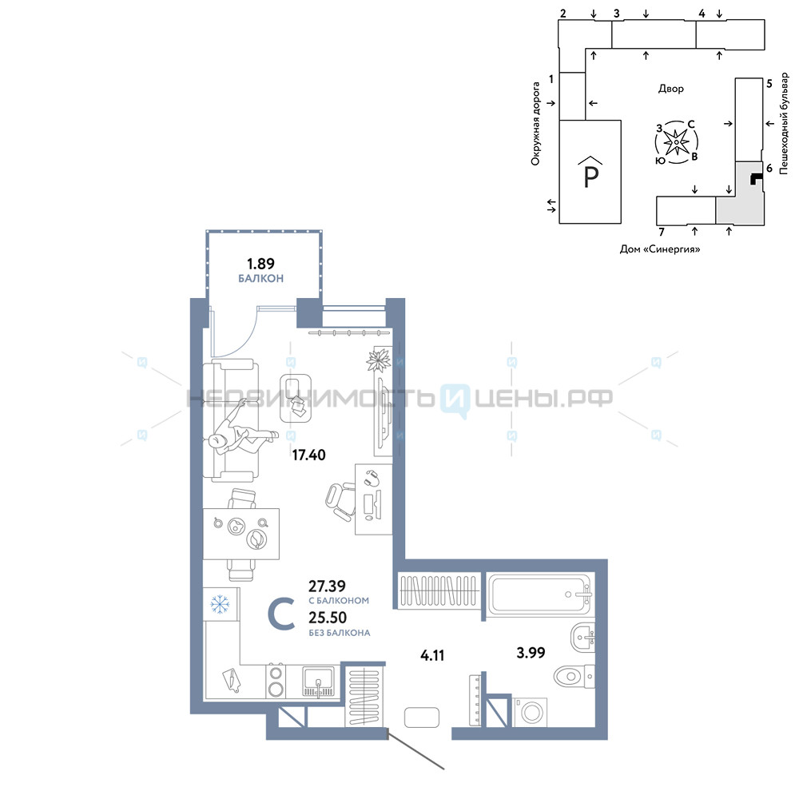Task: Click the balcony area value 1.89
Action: click(x=260, y=264)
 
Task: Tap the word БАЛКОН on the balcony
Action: click(x=261, y=278)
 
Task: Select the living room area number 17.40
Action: click(x=308, y=455)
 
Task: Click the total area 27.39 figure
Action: click(x=327, y=586)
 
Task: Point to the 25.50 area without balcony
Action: click(x=328, y=618)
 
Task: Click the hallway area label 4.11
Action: click(x=432, y=655)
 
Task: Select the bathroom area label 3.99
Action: click(x=531, y=652)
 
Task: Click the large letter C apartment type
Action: click(x=281, y=615)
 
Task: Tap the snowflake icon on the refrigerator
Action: click(x=221, y=604)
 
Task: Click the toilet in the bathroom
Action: click(x=574, y=677)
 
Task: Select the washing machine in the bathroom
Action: click(x=530, y=712)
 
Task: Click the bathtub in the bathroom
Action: click(x=539, y=594)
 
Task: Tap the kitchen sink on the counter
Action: click(x=318, y=682)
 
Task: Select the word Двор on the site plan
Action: click(x=670, y=89)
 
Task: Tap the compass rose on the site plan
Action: click(x=676, y=142)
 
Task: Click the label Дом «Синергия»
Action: click(x=659, y=249)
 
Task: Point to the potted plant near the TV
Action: click(x=379, y=360)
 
